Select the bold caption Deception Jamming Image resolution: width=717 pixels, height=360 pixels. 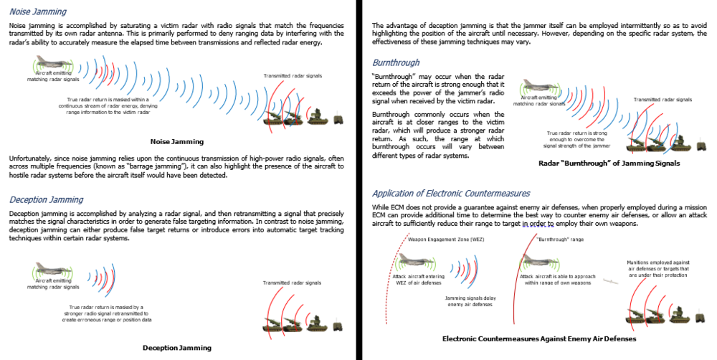(x=177, y=348)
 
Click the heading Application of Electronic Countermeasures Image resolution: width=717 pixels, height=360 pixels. (x=451, y=194)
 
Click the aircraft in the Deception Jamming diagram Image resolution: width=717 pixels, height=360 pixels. (x=55, y=271)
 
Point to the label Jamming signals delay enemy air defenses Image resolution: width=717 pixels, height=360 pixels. (x=470, y=301)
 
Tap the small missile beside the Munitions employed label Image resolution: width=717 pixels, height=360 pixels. (x=611, y=281)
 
